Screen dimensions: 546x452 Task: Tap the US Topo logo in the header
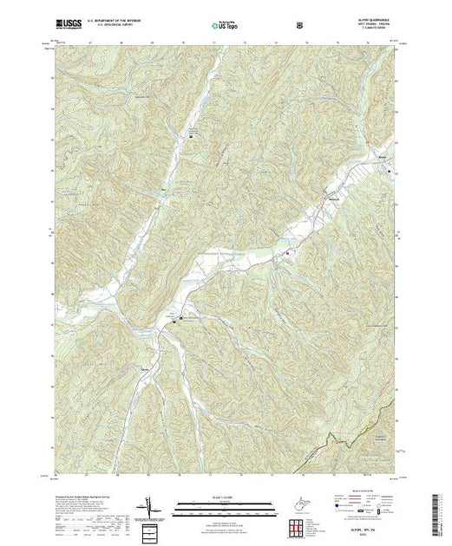click(x=225, y=25)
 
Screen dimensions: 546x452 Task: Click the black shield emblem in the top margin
click(x=299, y=25)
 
